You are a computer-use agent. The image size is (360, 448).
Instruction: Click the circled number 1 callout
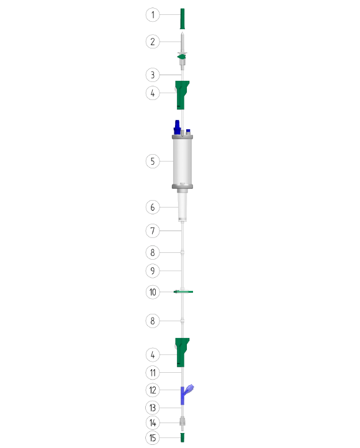153,15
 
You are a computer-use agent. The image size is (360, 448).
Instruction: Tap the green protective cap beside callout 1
182,19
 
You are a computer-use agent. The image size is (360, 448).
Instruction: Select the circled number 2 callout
153,42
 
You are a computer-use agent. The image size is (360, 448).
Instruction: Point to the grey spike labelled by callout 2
182,42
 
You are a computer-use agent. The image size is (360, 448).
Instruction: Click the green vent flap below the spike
182,57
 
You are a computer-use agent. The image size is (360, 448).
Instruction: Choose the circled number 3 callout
153,75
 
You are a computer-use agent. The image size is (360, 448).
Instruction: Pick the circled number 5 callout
153,161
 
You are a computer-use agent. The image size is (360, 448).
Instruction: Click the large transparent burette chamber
182,162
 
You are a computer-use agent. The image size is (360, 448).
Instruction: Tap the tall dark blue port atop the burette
177,127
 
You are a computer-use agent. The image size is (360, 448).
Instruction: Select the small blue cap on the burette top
188,132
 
